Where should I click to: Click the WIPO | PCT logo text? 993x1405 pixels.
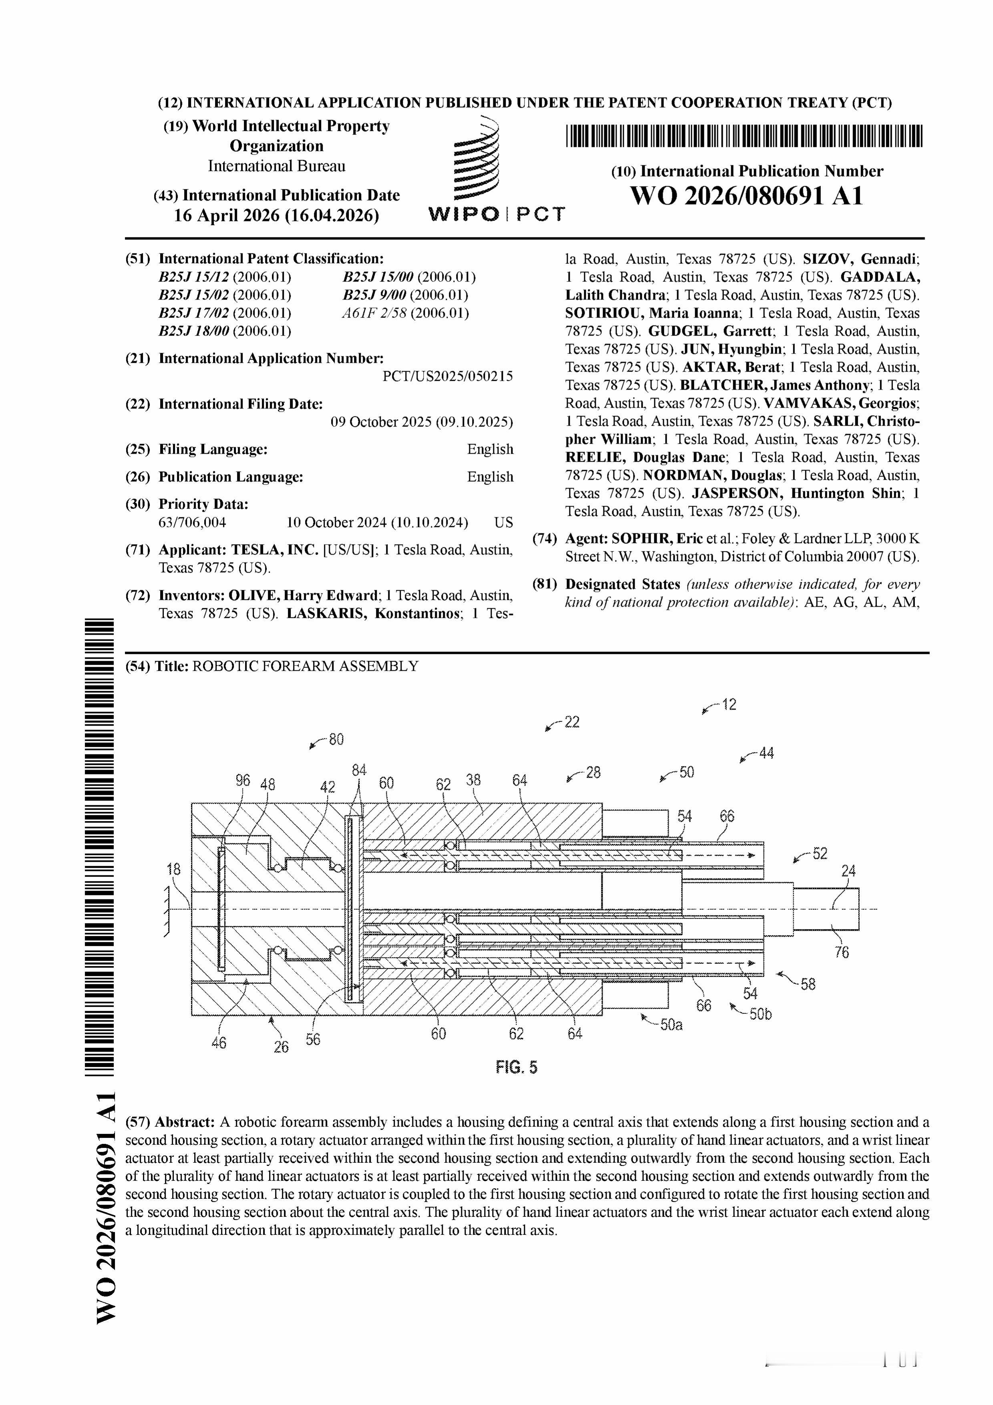pyautogui.click(x=496, y=214)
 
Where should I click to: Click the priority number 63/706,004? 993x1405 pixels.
pyautogui.click(x=192, y=523)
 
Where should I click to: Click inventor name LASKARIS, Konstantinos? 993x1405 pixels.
pyautogui.click(x=374, y=613)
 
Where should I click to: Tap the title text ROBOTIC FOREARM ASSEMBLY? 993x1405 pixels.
pyautogui.click(x=305, y=666)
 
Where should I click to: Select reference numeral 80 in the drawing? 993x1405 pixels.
pyautogui.click(x=336, y=739)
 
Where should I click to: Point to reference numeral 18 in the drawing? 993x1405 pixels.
pyautogui.click(x=174, y=869)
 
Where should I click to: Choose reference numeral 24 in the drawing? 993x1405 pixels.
pyautogui.click(x=848, y=871)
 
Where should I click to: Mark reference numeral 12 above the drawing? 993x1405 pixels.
pyautogui.click(x=729, y=704)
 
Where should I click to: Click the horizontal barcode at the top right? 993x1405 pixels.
pyautogui.click(x=744, y=136)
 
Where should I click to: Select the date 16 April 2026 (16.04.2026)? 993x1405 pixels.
pyautogui.click(x=276, y=215)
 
